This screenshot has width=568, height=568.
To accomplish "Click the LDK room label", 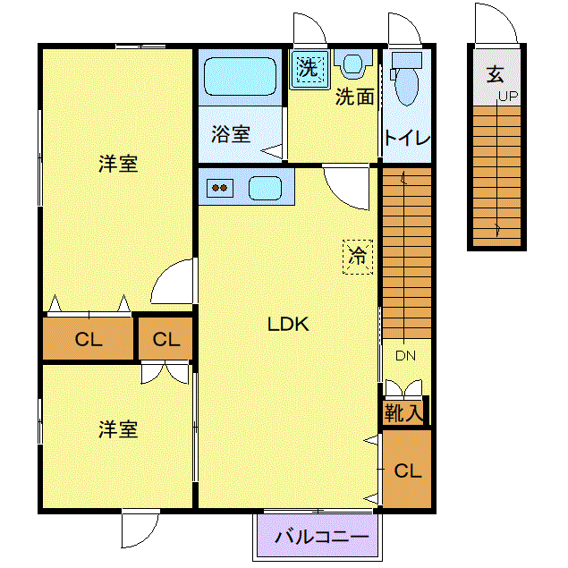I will click(x=288, y=325).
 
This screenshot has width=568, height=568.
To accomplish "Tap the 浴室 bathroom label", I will click(x=230, y=134).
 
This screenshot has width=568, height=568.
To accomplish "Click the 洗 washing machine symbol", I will click(x=309, y=68).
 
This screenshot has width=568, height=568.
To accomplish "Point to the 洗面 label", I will click(x=354, y=97).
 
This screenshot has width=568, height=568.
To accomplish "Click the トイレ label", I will click(x=408, y=139).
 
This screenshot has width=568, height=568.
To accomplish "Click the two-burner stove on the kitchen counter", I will click(x=219, y=188).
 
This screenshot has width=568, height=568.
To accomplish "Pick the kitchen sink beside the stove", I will click(x=266, y=188).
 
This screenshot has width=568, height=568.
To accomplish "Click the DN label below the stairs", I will click(x=406, y=356).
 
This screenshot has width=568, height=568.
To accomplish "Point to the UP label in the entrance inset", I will click(x=508, y=97).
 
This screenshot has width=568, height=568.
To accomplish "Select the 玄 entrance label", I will click(x=495, y=74).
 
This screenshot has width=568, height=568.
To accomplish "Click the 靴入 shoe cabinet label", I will click(x=403, y=413).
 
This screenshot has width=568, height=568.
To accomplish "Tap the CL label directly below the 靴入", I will click(x=407, y=471).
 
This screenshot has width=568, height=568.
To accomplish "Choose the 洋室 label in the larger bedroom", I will click(x=118, y=164).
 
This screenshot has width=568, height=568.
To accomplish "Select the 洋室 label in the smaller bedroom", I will click(x=118, y=429).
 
